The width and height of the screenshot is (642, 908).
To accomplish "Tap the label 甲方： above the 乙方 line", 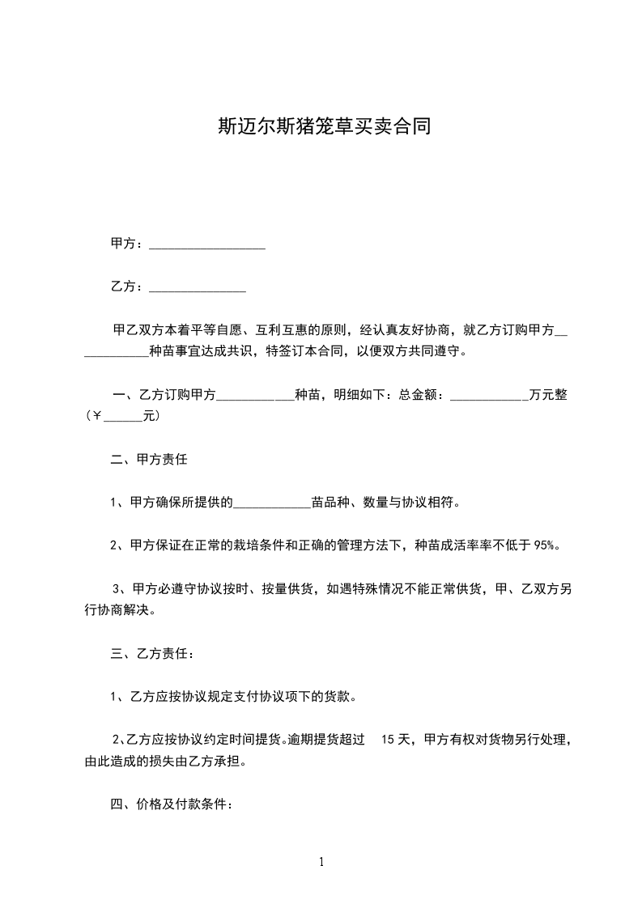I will (x=126, y=244).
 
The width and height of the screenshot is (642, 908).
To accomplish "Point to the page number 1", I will (x=321, y=862).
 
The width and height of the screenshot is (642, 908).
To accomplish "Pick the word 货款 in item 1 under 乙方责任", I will (x=343, y=696).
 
